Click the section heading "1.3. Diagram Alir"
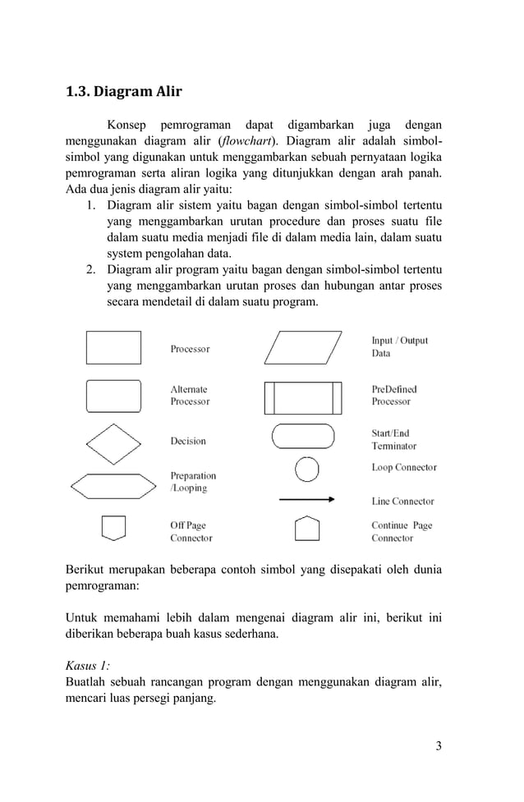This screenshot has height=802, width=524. [x=123, y=91]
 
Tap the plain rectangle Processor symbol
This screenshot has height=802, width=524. [x=113, y=347]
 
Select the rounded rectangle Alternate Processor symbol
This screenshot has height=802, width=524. [x=113, y=396]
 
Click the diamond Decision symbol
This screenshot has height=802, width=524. [x=113, y=444]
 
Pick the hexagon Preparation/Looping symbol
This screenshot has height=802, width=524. [x=113, y=486]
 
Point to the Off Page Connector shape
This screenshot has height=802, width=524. [x=113, y=527]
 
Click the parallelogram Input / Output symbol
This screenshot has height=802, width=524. [x=302, y=347]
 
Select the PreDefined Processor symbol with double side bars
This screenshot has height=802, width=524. [x=302, y=398]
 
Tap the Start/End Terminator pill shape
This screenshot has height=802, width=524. [x=302, y=436]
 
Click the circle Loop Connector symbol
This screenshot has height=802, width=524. [x=306, y=468]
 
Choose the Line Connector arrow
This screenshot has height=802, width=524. [x=306, y=499]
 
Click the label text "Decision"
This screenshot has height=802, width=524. [x=188, y=442]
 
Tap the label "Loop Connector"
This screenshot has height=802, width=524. [x=404, y=468]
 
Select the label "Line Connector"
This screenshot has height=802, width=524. [x=402, y=502]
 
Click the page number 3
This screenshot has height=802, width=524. [x=439, y=745]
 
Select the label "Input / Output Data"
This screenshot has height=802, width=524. [x=399, y=347]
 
